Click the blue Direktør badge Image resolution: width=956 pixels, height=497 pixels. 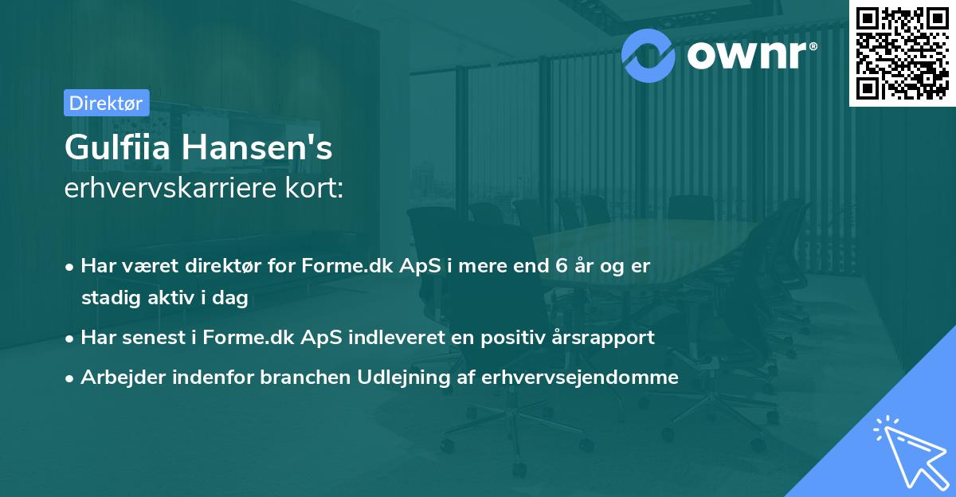click(106, 103)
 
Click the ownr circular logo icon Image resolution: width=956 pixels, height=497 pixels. click(648, 55)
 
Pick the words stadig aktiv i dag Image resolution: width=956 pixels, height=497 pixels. click(164, 299)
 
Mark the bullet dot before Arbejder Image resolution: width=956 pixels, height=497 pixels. click(71, 378)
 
